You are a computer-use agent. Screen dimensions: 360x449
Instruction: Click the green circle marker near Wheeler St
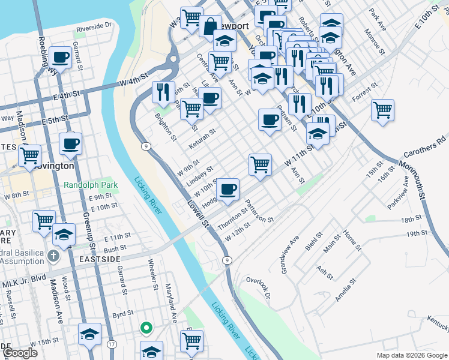pyautogui.click(x=145, y=328)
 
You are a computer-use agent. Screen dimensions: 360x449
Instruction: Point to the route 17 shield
pyautogui.click(x=112, y=344)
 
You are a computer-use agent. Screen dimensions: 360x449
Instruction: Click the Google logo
pyautogui.click(x=20, y=353)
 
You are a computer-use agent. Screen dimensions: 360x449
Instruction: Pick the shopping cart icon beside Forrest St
pyautogui.click(x=382, y=110)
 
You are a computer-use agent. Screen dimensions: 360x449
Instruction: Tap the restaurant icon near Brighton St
pyautogui.click(x=163, y=92)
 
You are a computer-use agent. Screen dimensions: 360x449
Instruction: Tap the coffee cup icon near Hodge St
pyautogui.click(x=228, y=190)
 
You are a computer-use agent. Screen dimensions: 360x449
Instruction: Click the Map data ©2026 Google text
pyautogui.click(x=412, y=355)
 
